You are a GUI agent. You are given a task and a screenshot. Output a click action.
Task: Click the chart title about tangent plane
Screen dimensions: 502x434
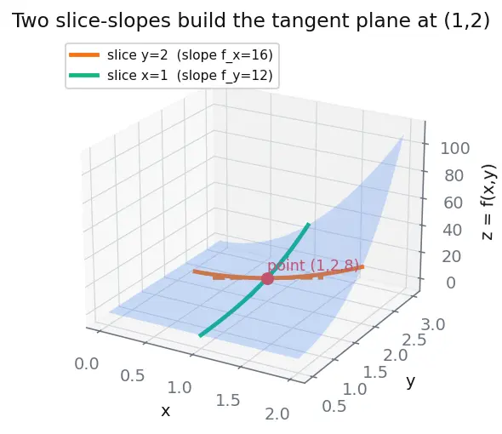251,20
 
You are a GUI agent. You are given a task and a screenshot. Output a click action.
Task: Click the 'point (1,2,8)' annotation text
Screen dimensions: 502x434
313,266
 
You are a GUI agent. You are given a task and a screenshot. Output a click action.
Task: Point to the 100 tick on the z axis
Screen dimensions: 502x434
455,148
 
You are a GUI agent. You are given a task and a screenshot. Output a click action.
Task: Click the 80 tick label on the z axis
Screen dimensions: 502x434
454,175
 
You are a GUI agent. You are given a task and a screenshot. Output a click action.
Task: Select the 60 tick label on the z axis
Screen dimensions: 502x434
453,203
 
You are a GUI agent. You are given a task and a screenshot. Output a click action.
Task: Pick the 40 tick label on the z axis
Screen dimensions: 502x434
452,230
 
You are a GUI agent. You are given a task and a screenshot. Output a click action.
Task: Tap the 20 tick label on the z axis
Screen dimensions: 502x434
452,256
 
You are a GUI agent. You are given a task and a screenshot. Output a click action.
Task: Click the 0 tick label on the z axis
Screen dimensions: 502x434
451,283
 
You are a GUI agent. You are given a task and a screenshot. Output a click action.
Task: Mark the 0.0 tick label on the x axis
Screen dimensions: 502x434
87,364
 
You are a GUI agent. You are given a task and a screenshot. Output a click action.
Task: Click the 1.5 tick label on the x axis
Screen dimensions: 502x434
228,401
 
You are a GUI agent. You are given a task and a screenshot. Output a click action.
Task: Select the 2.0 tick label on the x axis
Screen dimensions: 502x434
277,414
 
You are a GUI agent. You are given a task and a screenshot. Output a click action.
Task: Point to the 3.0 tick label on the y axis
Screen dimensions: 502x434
433,325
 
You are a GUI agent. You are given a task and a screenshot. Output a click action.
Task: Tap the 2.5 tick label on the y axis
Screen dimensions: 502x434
414,340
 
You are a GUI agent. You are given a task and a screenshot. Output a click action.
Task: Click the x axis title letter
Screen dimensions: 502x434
166,411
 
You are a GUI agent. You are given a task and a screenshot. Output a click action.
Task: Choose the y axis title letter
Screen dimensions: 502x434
411,382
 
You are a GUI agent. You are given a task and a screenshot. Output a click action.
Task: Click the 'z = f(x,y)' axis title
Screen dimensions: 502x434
488,202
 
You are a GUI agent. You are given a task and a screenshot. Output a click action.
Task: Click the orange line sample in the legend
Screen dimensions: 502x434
84,55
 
